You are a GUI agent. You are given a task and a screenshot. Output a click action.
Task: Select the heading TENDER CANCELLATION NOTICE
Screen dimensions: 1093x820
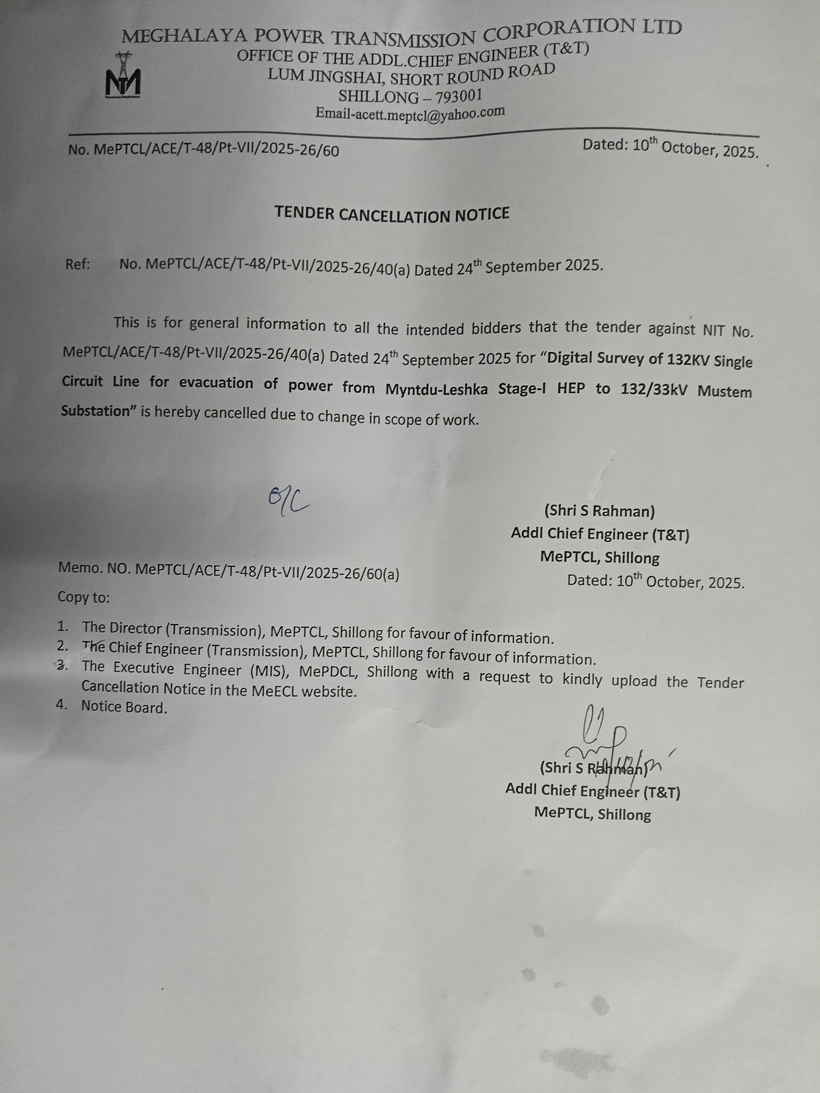coord(392,214)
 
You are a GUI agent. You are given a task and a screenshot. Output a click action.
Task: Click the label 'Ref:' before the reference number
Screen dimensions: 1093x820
coord(78,264)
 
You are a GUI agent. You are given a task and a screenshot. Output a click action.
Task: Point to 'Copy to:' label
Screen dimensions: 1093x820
coord(84,597)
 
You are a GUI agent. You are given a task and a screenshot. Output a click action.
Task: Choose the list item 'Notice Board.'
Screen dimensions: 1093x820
coord(124,707)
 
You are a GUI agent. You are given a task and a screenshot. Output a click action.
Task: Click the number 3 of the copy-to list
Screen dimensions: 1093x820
coord(62,666)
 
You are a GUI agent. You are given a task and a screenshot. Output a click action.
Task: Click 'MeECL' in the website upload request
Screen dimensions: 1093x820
coord(274,690)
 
